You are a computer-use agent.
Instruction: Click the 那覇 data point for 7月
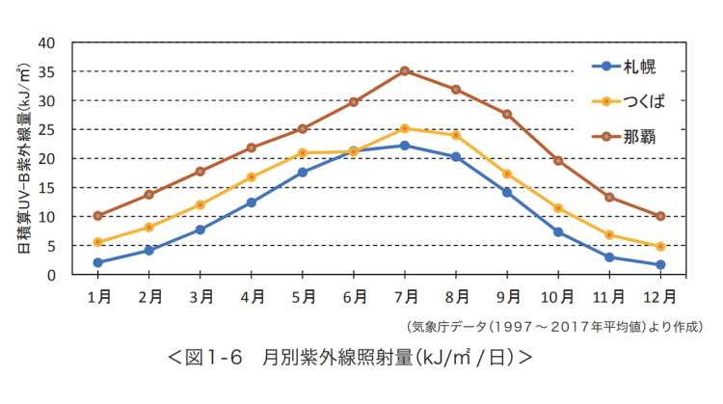pyautogui.click(x=405, y=70)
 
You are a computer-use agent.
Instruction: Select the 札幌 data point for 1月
pyautogui.click(x=98, y=262)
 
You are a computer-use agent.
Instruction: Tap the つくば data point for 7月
pyautogui.click(x=405, y=128)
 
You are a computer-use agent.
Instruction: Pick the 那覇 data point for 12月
pyautogui.click(x=660, y=216)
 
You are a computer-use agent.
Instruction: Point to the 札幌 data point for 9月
pyautogui.click(x=507, y=192)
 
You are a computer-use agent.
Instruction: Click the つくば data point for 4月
pyautogui.click(x=252, y=176)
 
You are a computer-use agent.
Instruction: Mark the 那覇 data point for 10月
pyautogui.click(x=558, y=160)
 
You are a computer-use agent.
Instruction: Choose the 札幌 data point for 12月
pyautogui.click(x=660, y=264)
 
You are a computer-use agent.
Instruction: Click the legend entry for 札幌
pyautogui.click(x=627, y=67)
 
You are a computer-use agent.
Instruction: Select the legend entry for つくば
pyautogui.click(x=631, y=100)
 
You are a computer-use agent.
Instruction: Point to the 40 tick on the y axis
pyautogui.click(x=48, y=43)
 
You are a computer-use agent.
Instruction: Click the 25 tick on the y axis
pyautogui.click(x=48, y=130)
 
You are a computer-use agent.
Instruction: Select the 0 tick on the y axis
pyautogui.click(x=52, y=275)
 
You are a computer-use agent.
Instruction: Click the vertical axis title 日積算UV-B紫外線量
pyautogui.click(x=20, y=159)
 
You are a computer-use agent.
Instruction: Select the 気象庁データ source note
pyautogui.click(x=553, y=326)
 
